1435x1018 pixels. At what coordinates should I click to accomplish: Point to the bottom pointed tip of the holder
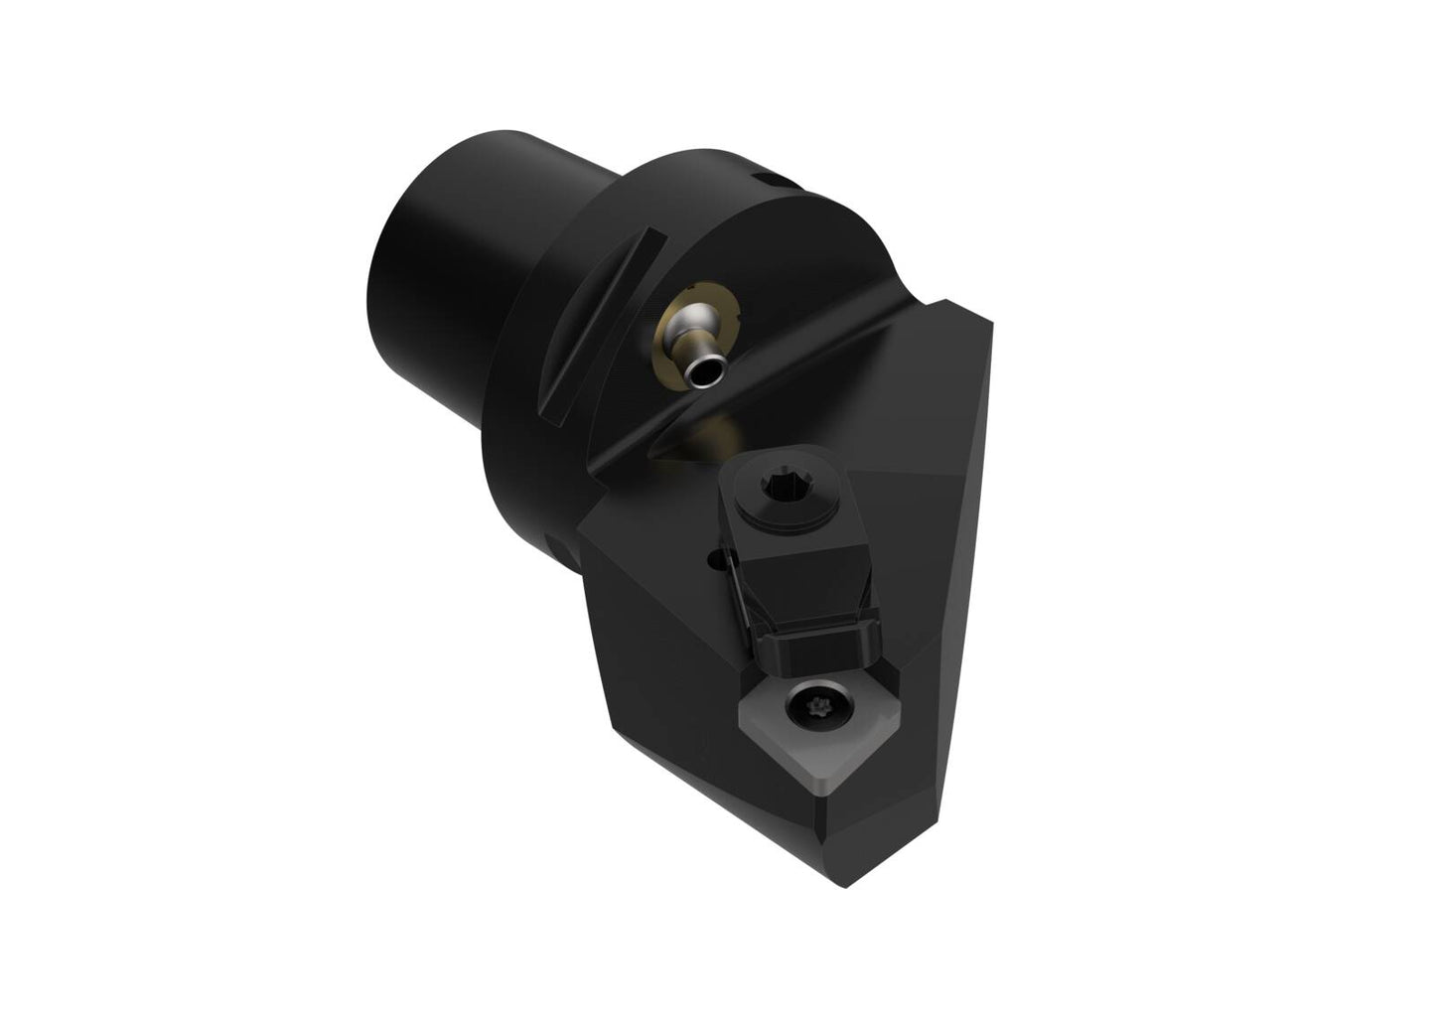tap(842, 879)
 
